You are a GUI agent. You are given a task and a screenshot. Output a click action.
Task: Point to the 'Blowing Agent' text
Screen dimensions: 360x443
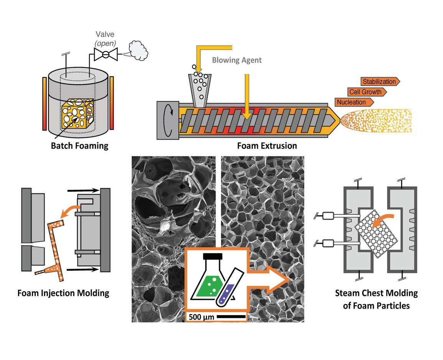[x=237, y=59]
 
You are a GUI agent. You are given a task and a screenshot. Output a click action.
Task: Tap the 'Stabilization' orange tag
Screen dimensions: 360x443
[x=379, y=81]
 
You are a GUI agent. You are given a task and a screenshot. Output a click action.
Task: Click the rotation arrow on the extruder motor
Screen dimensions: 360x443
[x=168, y=120]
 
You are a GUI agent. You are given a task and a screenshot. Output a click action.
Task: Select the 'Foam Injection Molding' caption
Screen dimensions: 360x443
[x=63, y=293]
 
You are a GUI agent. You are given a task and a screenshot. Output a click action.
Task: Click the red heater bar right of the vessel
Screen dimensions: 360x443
[x=112, y=104]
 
